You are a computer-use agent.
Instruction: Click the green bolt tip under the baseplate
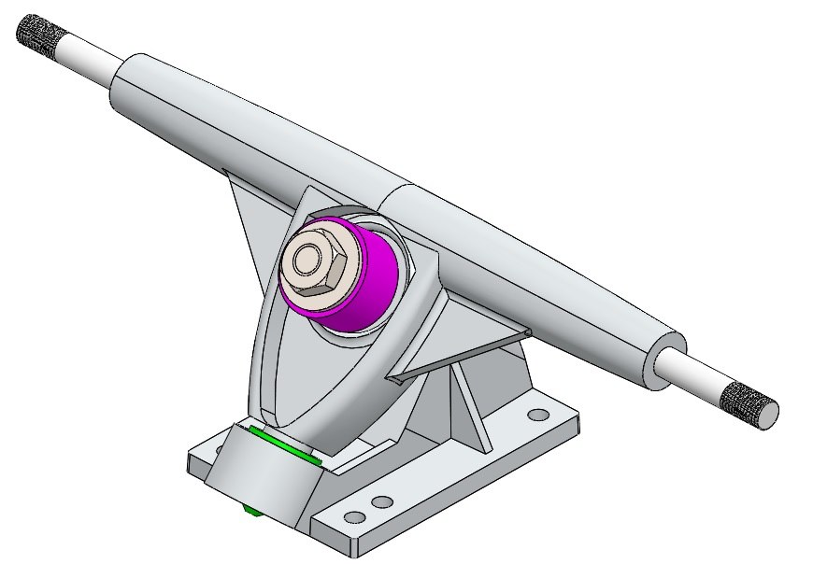point(250,510)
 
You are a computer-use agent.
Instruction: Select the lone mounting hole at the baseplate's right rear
point(538,413)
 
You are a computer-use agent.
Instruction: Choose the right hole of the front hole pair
point(381,502)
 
